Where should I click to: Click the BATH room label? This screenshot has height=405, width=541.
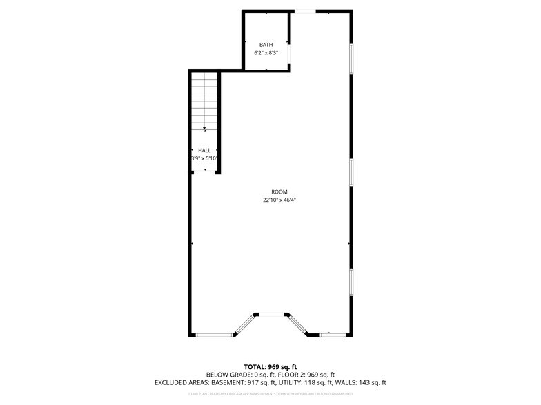click(266, 45)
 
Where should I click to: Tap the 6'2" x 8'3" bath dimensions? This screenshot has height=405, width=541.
click(266, 52)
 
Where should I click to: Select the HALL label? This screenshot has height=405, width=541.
click(204, 150)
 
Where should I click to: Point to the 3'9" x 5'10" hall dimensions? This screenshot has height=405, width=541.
click(204, 158)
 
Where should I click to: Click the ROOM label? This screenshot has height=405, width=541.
click(279, 192)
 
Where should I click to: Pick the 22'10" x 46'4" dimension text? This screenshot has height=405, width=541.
click(279, 200)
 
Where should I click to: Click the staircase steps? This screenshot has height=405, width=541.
click(204, 100)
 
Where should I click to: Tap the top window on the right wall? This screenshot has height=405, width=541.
click(351, 59)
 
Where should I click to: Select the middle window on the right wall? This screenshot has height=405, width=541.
click(351, 172)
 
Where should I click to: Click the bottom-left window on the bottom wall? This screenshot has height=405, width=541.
click(213, 335)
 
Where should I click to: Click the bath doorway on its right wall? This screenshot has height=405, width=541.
click(289, 54)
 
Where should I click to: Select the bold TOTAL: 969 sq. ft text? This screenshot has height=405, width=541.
click(270, 366)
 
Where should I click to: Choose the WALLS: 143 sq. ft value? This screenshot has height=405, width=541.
click(363, 382)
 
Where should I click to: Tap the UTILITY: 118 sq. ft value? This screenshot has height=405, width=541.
click(311, 382)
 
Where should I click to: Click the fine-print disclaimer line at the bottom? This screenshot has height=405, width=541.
click(270, 394)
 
